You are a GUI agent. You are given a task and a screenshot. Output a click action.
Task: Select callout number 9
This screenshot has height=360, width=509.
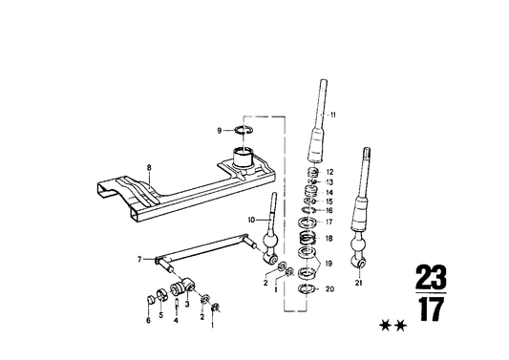(219, 130)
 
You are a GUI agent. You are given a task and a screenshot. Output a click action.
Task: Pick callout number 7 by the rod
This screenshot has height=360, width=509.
(139, 259)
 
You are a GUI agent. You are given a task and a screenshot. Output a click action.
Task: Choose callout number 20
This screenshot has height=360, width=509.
(330, 289)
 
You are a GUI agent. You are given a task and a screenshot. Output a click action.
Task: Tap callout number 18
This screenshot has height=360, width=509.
(330, 238)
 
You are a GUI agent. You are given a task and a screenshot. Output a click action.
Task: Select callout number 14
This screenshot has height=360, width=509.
(330, 193)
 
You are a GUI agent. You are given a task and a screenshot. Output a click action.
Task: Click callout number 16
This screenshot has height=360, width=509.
(330, 211)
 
